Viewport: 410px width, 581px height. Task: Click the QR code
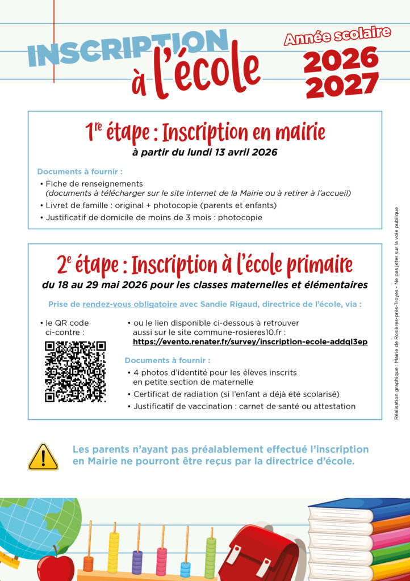[x=75, y=372]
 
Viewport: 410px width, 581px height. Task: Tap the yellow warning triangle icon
[x=43, y=457]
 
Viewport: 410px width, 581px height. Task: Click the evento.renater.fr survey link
[x=250, y=342]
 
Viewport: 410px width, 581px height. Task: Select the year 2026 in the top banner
[x=341, y=59]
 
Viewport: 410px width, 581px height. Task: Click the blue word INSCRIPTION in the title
[x=128, y=47]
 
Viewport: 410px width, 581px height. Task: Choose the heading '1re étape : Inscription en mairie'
[x=205, y=132]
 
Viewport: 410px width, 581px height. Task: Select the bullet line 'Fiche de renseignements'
[x=94, y=183]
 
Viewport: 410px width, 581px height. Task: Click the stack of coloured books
[x=358, y=539]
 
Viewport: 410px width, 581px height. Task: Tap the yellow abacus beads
[x=114, y=553]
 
